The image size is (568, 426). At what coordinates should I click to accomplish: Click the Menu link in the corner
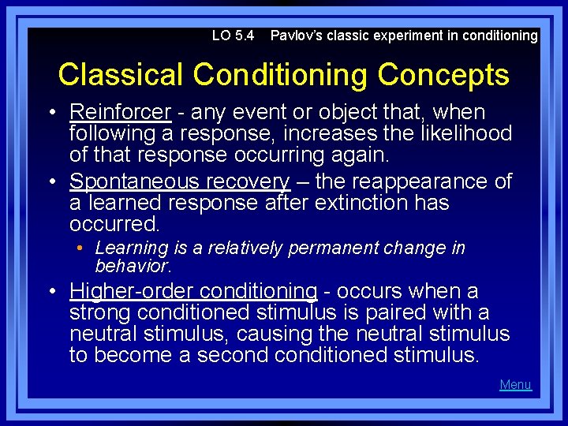coord(515,385)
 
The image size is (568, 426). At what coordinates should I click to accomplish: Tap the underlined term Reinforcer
coord(120,113)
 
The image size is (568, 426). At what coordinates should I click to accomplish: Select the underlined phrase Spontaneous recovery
coord(180,181)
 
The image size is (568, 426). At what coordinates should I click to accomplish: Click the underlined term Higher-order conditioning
coord(193,292)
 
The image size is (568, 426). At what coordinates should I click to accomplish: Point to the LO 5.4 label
coord(233,35)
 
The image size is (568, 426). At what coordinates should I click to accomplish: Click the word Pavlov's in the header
coord(297,35)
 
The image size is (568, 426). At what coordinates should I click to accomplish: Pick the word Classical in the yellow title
coord(121,75)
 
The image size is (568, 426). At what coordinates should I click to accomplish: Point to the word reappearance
coord(403,181)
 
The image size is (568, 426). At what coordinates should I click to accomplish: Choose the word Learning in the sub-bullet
coord(129,248)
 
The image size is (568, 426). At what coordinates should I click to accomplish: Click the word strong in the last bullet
coord(106,313)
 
